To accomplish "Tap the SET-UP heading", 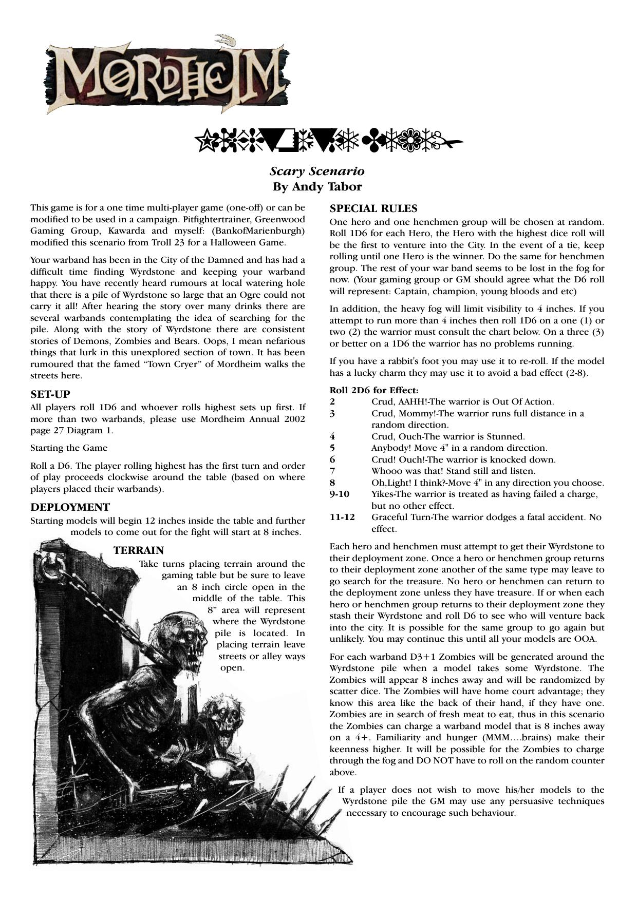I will (x=50, y=394).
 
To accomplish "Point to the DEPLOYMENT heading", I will (x=70, y=507).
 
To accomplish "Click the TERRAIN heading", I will (x=139, y=550).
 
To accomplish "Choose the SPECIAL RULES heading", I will (x=373, y=208).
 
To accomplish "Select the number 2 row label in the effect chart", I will (x=332, y=402).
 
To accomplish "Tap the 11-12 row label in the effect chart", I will (x=342, y=517).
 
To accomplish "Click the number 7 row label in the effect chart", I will (x=332, y=471).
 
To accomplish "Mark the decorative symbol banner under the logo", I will (x=329, y=140).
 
